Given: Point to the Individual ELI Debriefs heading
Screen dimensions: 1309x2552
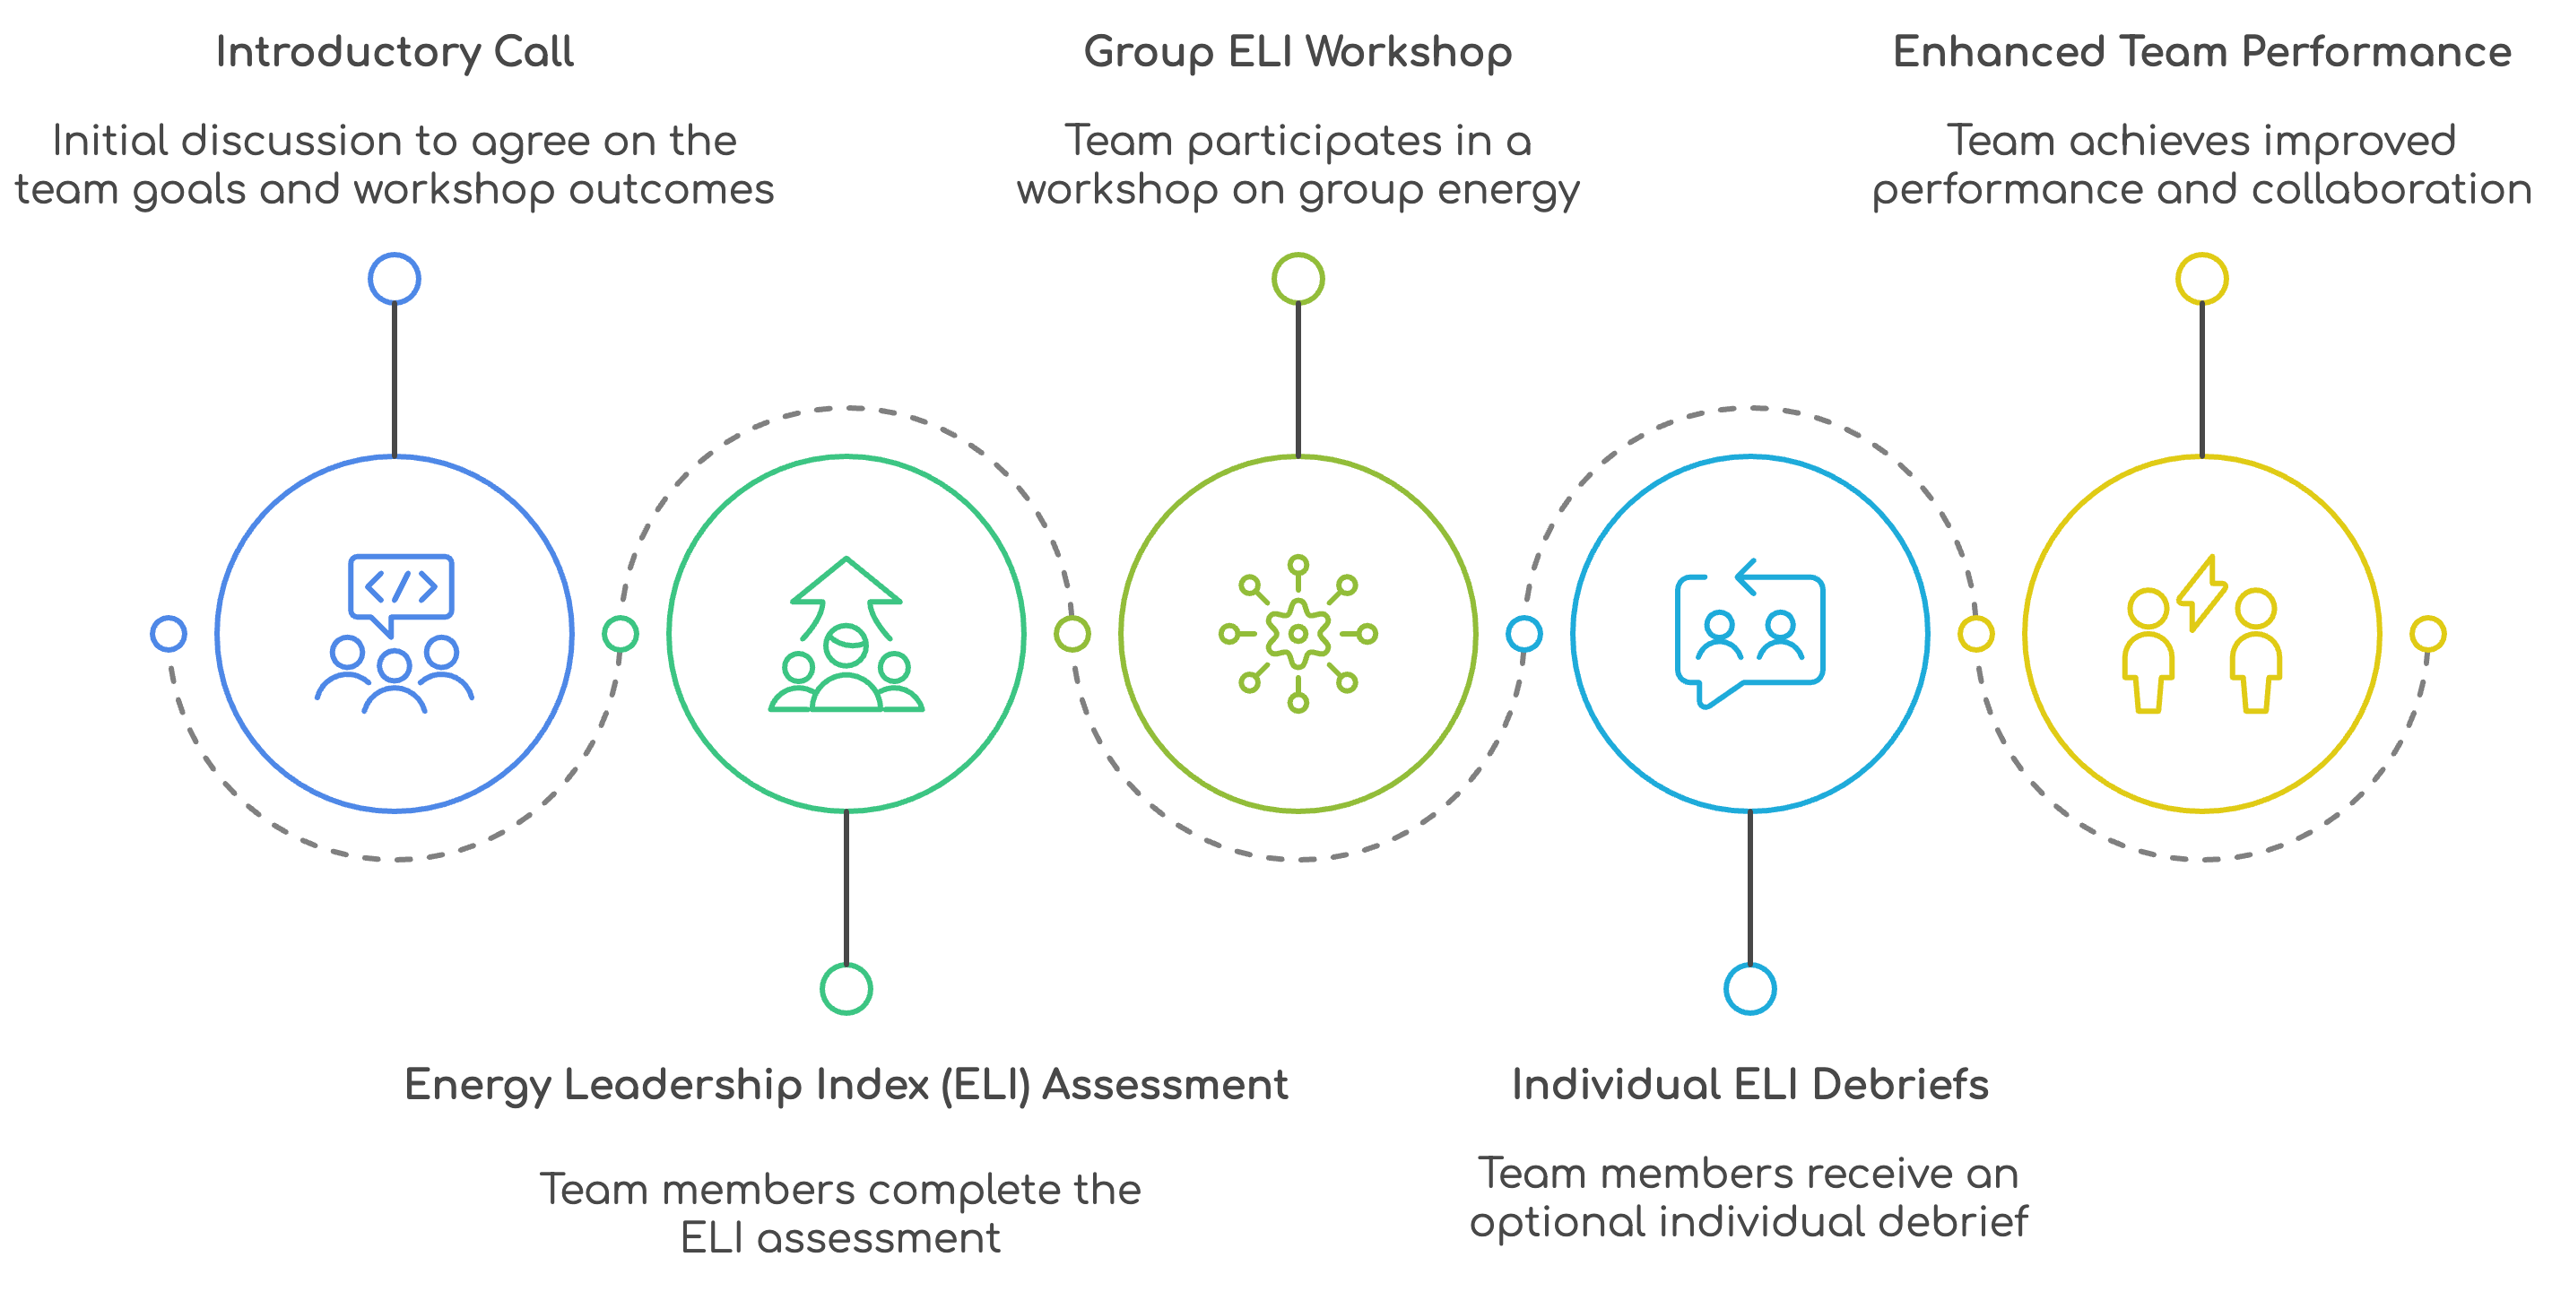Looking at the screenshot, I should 1749,1084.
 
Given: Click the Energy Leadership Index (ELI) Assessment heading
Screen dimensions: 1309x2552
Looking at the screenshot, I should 846,1084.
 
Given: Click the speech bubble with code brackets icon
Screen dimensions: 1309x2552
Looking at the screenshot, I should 401,590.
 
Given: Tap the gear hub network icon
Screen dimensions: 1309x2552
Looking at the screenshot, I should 1298,633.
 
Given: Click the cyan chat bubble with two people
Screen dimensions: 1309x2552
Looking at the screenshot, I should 1749,639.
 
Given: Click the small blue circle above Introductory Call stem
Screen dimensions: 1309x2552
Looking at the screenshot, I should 395,279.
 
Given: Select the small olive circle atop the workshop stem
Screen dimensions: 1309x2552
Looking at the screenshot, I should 1298,279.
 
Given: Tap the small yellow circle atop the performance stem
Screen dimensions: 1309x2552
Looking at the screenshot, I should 2201,279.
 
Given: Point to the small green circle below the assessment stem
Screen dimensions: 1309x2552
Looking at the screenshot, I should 846,988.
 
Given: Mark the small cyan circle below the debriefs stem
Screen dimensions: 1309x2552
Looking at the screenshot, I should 1749,988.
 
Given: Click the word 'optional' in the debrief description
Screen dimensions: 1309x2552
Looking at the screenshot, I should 1557,1223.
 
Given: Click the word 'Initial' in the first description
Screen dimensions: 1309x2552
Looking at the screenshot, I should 109,141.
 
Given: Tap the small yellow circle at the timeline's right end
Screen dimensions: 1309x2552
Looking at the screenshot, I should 2427,633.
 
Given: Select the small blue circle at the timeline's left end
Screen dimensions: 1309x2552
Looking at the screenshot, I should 169,633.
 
